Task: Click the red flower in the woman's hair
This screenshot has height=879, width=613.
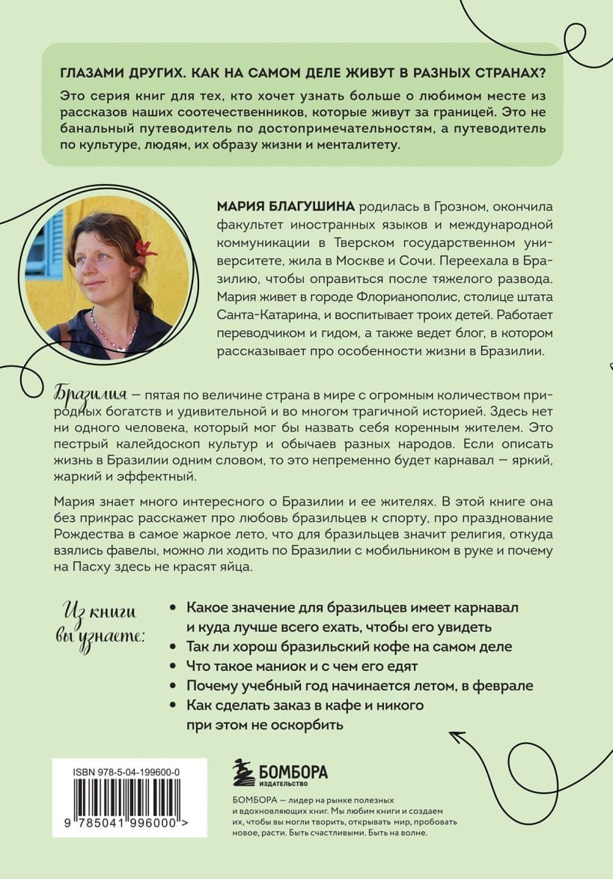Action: (x=144, y=248)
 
